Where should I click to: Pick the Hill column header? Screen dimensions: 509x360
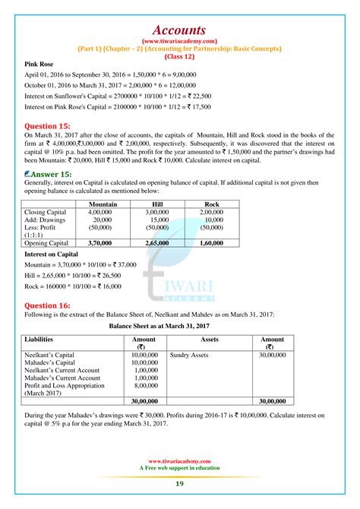(156, 204)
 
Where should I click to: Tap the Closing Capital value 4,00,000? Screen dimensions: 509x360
(102, 213)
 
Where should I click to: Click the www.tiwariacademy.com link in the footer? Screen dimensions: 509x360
(179, 460)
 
